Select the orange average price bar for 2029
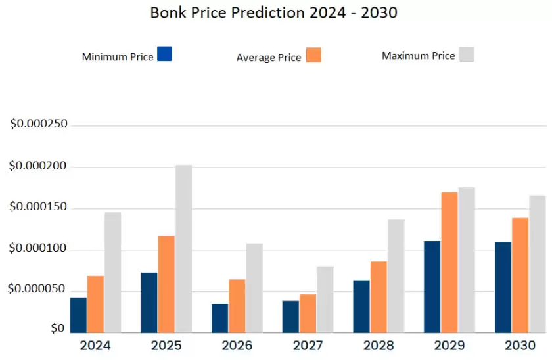coord(449,262)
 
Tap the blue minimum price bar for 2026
coord(219,318)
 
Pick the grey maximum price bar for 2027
coord(325,300)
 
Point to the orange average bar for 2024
coord(95,304)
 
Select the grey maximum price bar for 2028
coord(396,276)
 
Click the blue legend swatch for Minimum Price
coord(165,54)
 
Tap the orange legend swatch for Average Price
coord(313,55)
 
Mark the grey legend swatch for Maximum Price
coord(467,54)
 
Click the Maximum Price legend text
coord(418,56)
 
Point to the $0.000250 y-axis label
coord(39,124)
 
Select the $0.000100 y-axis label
coord(39,250)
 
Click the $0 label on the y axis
coord(58,328)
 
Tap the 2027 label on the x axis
coord(308,346)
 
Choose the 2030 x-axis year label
coord(520,346)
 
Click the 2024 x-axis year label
coord(95,346)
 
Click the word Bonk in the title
coord(167,12)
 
